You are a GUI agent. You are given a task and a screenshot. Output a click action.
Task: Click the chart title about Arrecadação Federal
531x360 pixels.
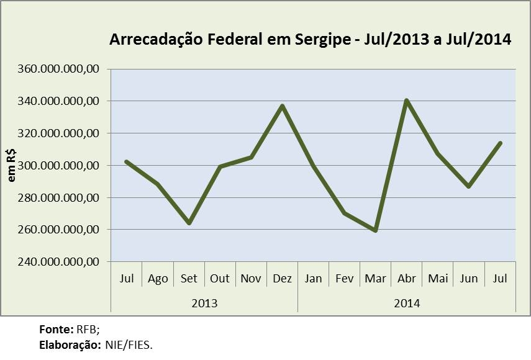[x=310, y=40]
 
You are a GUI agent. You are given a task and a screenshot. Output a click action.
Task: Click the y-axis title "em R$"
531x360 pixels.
[x=12, y=165]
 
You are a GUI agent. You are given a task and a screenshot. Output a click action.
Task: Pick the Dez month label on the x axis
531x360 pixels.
[x=282, y=279]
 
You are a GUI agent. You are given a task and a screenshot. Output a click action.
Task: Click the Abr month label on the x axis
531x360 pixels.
[x=406, y=279]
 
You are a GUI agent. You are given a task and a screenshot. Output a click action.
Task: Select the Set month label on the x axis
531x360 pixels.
[x=189, y=279]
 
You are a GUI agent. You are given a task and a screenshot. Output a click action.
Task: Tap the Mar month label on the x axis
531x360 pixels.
[x=375, y=279]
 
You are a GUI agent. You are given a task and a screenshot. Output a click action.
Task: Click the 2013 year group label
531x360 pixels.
[x=204, y=304]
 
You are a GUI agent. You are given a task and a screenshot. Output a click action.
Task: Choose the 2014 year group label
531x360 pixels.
[x=407, y=304]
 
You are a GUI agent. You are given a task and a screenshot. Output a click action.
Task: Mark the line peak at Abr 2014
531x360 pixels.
[x=406, y=100]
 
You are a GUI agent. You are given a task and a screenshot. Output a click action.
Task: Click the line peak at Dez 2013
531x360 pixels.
[x=282, y=106]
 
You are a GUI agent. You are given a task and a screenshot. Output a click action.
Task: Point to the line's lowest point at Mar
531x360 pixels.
[x=375, y=231]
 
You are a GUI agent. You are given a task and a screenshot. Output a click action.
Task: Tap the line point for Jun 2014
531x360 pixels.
[x=469, y=187]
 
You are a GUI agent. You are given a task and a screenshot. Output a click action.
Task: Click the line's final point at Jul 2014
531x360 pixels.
[x=500, y=143]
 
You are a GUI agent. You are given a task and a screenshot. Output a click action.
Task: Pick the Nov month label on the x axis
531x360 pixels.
[x=251, y=279]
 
